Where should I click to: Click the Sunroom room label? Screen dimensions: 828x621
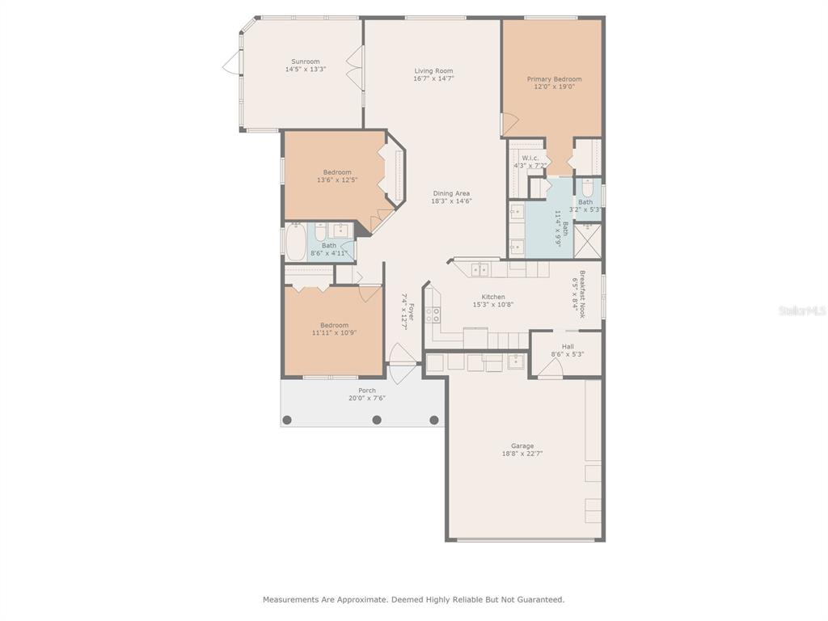[x=306, y=61]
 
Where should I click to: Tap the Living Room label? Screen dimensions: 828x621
[x=433, y=71]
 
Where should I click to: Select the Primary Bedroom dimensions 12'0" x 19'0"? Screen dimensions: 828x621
[x=555, y=87]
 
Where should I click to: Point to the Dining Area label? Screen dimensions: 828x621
[x=451, y=193]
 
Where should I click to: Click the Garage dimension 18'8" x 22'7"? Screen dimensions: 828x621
[x=522, y=454]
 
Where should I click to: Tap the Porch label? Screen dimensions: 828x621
[x=367, y=391]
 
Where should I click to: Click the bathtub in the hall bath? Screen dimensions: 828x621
[x=296, y=242]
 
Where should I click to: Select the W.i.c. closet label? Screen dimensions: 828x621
[x=530, y=158]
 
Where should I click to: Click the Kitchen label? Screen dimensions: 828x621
[x=493, y=297]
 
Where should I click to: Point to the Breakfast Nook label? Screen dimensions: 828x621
[x=582, y=294]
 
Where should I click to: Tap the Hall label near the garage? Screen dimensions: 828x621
[x=568, y=347]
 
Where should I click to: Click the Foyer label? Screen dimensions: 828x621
[x=411, y=311]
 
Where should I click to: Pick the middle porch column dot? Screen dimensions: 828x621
[x=377, y=420]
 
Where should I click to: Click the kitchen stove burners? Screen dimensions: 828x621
[x=433, y=315]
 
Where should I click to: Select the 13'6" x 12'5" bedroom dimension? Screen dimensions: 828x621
[x=337, y=180]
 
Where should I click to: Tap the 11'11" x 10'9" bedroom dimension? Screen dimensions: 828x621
[x=334, y=333]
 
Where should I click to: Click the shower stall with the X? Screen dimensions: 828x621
[x=587, y=241]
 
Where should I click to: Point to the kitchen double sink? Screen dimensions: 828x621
[x=480, y=270]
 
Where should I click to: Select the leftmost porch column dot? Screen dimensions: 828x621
[x=287, y=420]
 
